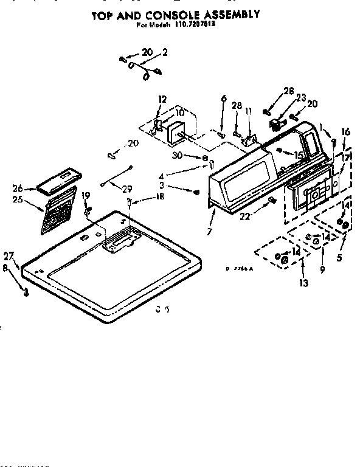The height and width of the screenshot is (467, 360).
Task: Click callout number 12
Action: pyautogui.click(x=162, y=99)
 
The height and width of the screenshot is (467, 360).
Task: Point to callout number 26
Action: pyautogui.click(x=17, y=189)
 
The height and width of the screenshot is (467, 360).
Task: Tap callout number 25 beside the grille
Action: pyautogui.click(x=17, y=199)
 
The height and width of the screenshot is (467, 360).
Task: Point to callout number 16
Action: pyautogui.click(x=345, y=131)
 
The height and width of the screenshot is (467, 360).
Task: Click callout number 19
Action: pyautogui.click(x=85, y=196)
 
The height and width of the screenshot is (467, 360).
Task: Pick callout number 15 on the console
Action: pyautogui.click(x=299, y=155)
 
